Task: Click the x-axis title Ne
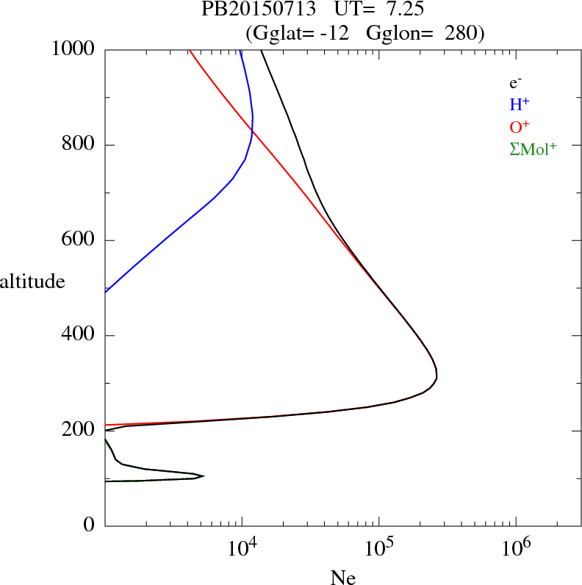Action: (343, 578)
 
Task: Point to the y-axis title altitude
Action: (33, 281)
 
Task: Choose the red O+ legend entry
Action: (520, 126)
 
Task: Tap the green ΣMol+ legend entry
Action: (533, 148)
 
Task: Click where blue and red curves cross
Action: (251, 133)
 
